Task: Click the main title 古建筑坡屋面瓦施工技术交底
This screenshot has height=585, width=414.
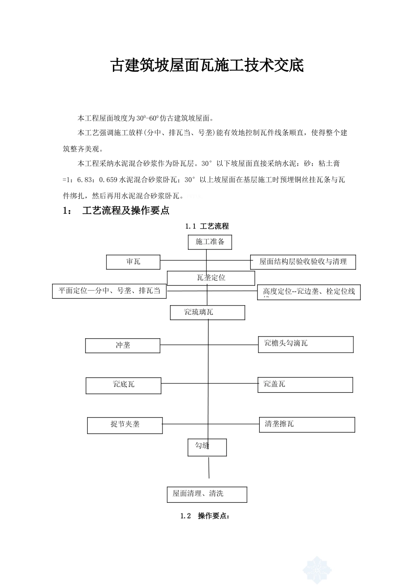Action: click(207, 66)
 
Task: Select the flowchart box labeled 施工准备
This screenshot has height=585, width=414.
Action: click(210, 242)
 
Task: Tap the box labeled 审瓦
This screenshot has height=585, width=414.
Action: click(133, 262)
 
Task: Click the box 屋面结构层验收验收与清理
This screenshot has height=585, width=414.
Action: click(303, 262)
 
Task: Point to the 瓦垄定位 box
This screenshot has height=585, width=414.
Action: click(211, 278)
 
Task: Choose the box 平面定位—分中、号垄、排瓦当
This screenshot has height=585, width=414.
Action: click(109, 291)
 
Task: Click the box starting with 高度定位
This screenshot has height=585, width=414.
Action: click(309, 292)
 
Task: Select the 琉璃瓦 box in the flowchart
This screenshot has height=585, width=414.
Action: click(207, 313)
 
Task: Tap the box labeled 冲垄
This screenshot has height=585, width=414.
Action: click(123, 346)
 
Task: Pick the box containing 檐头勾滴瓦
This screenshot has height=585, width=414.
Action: click(305, 344)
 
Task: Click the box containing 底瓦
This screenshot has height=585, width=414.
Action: click(123, 385)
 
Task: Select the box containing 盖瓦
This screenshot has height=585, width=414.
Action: click(305, 385)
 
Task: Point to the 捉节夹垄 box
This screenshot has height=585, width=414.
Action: click(125, 425)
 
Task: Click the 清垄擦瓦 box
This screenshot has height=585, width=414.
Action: click(307, 425)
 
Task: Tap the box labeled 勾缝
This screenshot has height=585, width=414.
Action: click(207, 447)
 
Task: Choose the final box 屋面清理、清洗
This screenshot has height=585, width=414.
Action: click(207, 494)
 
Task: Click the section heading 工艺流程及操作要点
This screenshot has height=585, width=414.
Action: click(126, 211)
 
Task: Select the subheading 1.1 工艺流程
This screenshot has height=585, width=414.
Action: click(207, 226)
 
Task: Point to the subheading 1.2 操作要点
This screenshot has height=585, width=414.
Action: click(205, 516)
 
